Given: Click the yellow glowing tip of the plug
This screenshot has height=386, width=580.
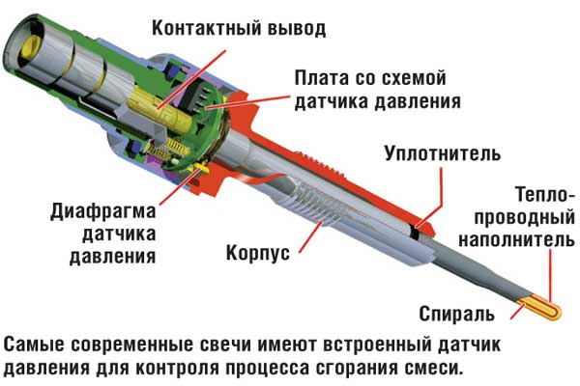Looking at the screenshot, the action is (540, 309).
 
